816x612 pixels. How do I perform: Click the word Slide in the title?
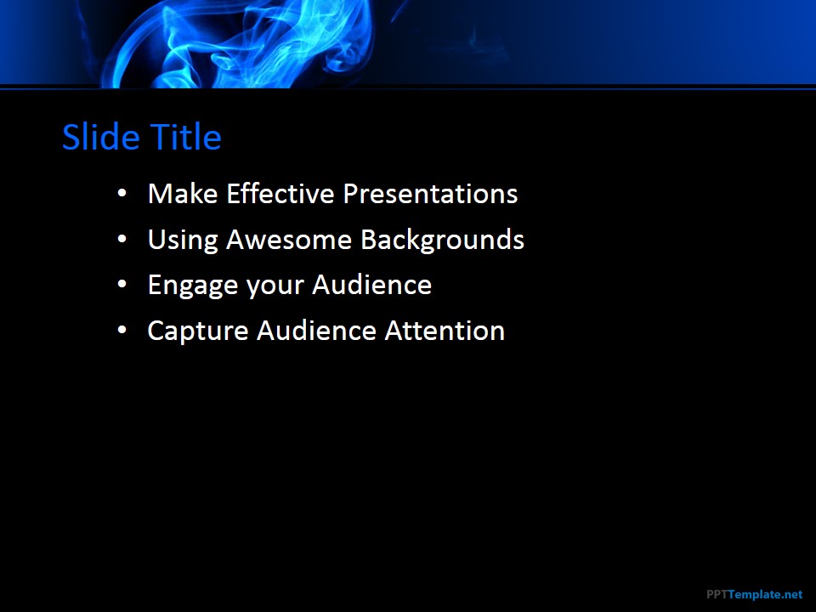click(x=101, y=137)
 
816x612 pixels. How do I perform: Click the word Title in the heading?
click(x=186, y=137)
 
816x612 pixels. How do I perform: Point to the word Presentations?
click(x=430, y=194)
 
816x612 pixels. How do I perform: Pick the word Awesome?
click(x=289, y=240)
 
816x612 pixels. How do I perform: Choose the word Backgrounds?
click(x=442, y=240)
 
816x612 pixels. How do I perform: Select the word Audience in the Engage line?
click(x=372, y=285)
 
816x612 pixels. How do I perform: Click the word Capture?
click(x=198, y=331)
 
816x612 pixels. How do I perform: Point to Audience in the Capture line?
click(x=316, y=331)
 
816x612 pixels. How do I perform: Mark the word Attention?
click(x=445, y=331)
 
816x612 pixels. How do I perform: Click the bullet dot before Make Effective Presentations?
click(x=122, y=194)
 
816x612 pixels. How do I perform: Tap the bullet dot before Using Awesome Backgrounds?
click(x=122, y=240)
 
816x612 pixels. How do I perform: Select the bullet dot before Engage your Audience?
click(x=122, y=285)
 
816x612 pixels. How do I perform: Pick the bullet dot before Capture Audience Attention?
click(x=122, y=331)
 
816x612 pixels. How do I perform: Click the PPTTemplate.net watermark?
click(x=755, y=594)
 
